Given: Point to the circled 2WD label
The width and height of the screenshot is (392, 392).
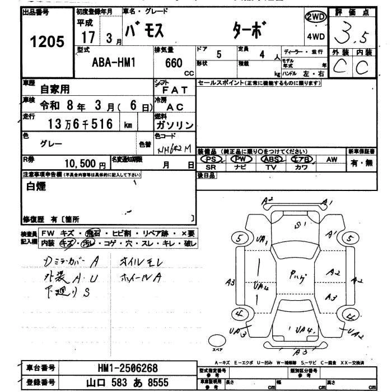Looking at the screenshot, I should pyautogui.click(x=315, y=18).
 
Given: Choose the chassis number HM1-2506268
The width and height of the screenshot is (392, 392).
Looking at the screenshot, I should pyautogui.click(x=132, y=368).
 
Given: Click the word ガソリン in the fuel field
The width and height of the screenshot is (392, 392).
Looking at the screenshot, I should pyautogui.click(x=175, y=124).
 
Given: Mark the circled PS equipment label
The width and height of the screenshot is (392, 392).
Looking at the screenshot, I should pyautogui.click(x=211, y=159).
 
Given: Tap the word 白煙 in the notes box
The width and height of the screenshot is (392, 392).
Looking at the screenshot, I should pyautogui.click(x=37, y=188).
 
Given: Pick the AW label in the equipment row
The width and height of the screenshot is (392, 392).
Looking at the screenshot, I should pyautogui.click(x=332, y=159).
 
